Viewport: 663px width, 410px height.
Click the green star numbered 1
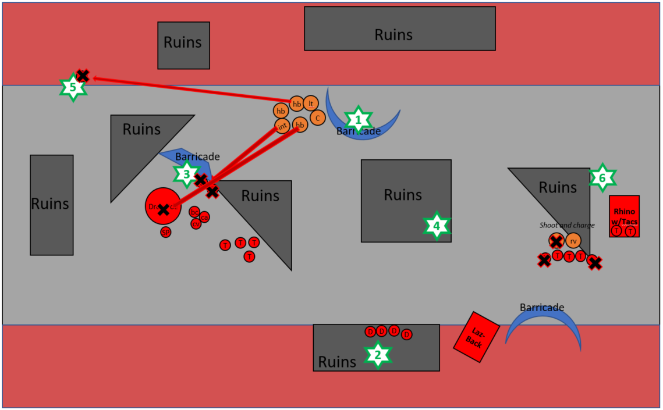coord(359,120)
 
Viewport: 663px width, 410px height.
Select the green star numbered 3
coord(186,173)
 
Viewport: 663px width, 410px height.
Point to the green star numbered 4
coord(437,226)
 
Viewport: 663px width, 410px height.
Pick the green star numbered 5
coord(73,87)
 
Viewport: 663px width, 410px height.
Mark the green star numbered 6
coord(602,178)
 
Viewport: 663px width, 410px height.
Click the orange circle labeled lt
coord(311,103)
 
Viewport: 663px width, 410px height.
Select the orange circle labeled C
coord(317,118)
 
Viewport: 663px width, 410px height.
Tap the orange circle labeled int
coord(282,126)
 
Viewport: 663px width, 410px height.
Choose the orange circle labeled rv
coord(573,240)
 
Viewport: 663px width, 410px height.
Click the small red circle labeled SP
coord(166,233)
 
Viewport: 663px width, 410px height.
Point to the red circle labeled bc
coord(194,212)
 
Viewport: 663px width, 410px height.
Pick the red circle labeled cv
coord(196,224)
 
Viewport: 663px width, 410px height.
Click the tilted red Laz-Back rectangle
coord(477,337)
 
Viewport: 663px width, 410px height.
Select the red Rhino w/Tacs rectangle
coord(625,216)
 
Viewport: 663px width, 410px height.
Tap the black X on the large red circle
coord(164,208)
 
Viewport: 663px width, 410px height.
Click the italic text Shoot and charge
coord(567,225)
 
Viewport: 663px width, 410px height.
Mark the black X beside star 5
coord(83,75)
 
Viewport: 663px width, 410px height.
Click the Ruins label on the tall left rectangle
coord(50,204)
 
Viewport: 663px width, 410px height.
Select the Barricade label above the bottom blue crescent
coord(542,307)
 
